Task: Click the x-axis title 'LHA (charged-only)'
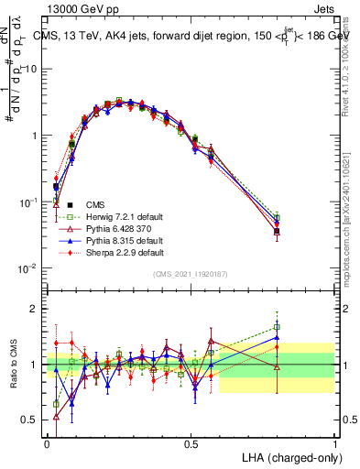[285, 456]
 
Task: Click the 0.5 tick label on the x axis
[191, 442]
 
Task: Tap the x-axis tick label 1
[334, 442]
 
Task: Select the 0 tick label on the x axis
[48, 442]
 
